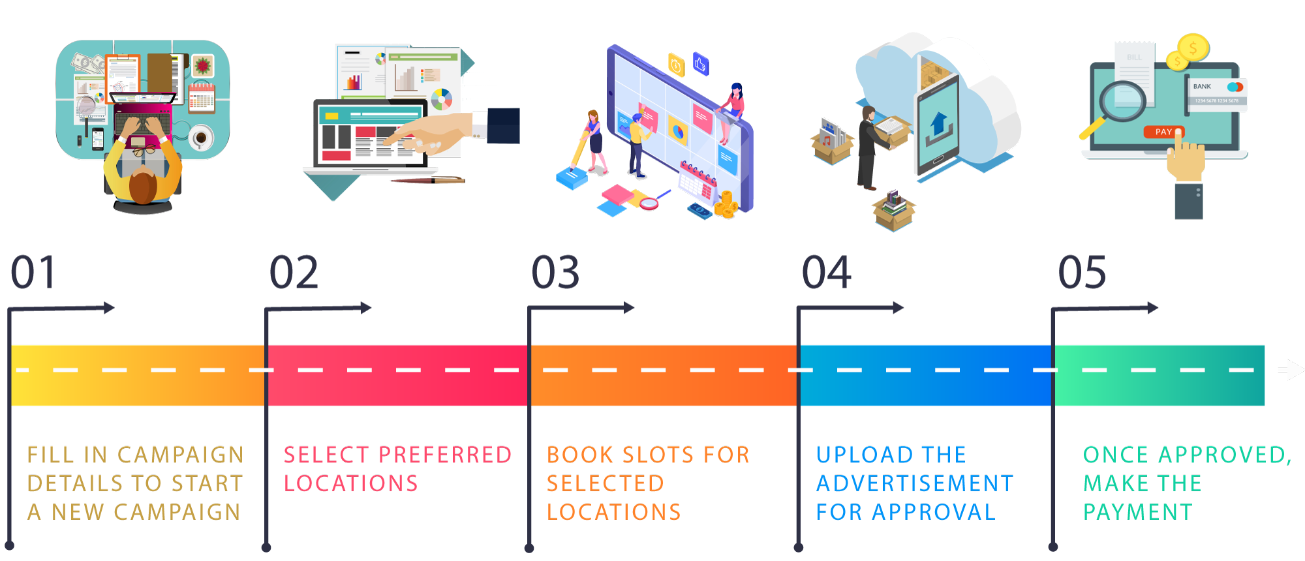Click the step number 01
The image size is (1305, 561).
click(33, 272)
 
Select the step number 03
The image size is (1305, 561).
click(555, 272)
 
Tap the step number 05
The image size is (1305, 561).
click(1082, 272)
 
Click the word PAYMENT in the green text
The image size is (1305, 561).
click(1138, 512)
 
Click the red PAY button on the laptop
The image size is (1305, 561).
click(1163, 132)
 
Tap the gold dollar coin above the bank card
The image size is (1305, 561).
click(1193, 48)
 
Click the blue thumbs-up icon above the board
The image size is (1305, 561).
click(700, 64)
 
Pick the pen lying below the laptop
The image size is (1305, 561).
click(428, 180)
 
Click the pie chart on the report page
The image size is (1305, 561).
click(442, 99)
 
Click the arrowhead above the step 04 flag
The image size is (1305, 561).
click(898, 307)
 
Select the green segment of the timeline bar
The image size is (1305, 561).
click(1159, 375)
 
